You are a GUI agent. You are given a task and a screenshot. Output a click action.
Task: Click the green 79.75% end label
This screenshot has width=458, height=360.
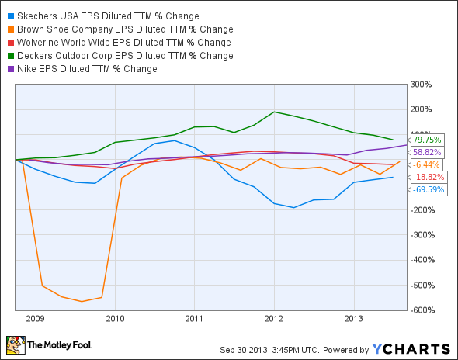point(431,140)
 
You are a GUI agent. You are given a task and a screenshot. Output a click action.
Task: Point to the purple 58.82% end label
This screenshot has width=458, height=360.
point(431,153)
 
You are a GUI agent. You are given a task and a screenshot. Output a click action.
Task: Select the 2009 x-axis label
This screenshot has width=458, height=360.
point(35,318)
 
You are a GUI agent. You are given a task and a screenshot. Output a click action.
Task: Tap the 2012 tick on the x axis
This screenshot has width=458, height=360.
point(274,318)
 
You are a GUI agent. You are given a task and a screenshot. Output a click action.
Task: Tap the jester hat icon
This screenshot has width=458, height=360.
point(16,344)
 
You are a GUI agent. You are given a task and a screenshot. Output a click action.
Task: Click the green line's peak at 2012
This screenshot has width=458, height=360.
point(274,112)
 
